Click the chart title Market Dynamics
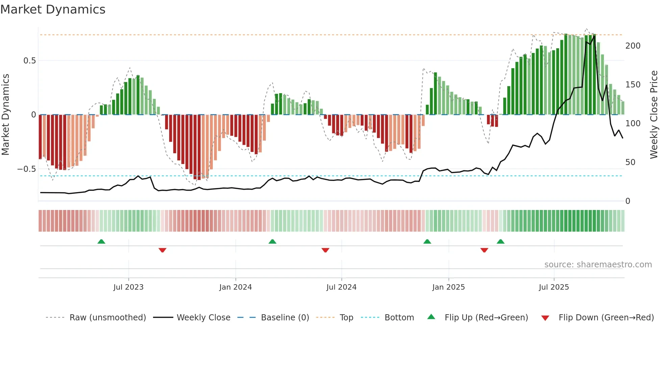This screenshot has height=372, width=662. (53, 9)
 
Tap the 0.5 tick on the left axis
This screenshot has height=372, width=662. (29, 61)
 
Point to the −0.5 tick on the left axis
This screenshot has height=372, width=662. (27, 169)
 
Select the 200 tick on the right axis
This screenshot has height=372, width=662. (633, 46)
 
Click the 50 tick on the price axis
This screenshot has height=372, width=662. (630, 162)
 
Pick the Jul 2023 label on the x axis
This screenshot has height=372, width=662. (128, 287)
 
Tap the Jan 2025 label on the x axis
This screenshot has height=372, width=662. (448, 287)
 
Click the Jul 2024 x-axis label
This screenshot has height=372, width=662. (341, 287)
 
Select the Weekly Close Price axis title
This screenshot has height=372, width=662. (654, 115)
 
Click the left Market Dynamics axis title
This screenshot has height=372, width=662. (6, 115)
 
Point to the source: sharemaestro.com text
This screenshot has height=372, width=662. (598, 265)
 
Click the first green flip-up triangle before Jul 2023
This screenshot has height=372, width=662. (101, 241)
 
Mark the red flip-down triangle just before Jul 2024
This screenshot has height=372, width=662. (325, 250)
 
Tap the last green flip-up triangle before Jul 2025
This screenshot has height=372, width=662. (501, 241)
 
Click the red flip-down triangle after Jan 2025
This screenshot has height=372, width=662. (484, 250)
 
